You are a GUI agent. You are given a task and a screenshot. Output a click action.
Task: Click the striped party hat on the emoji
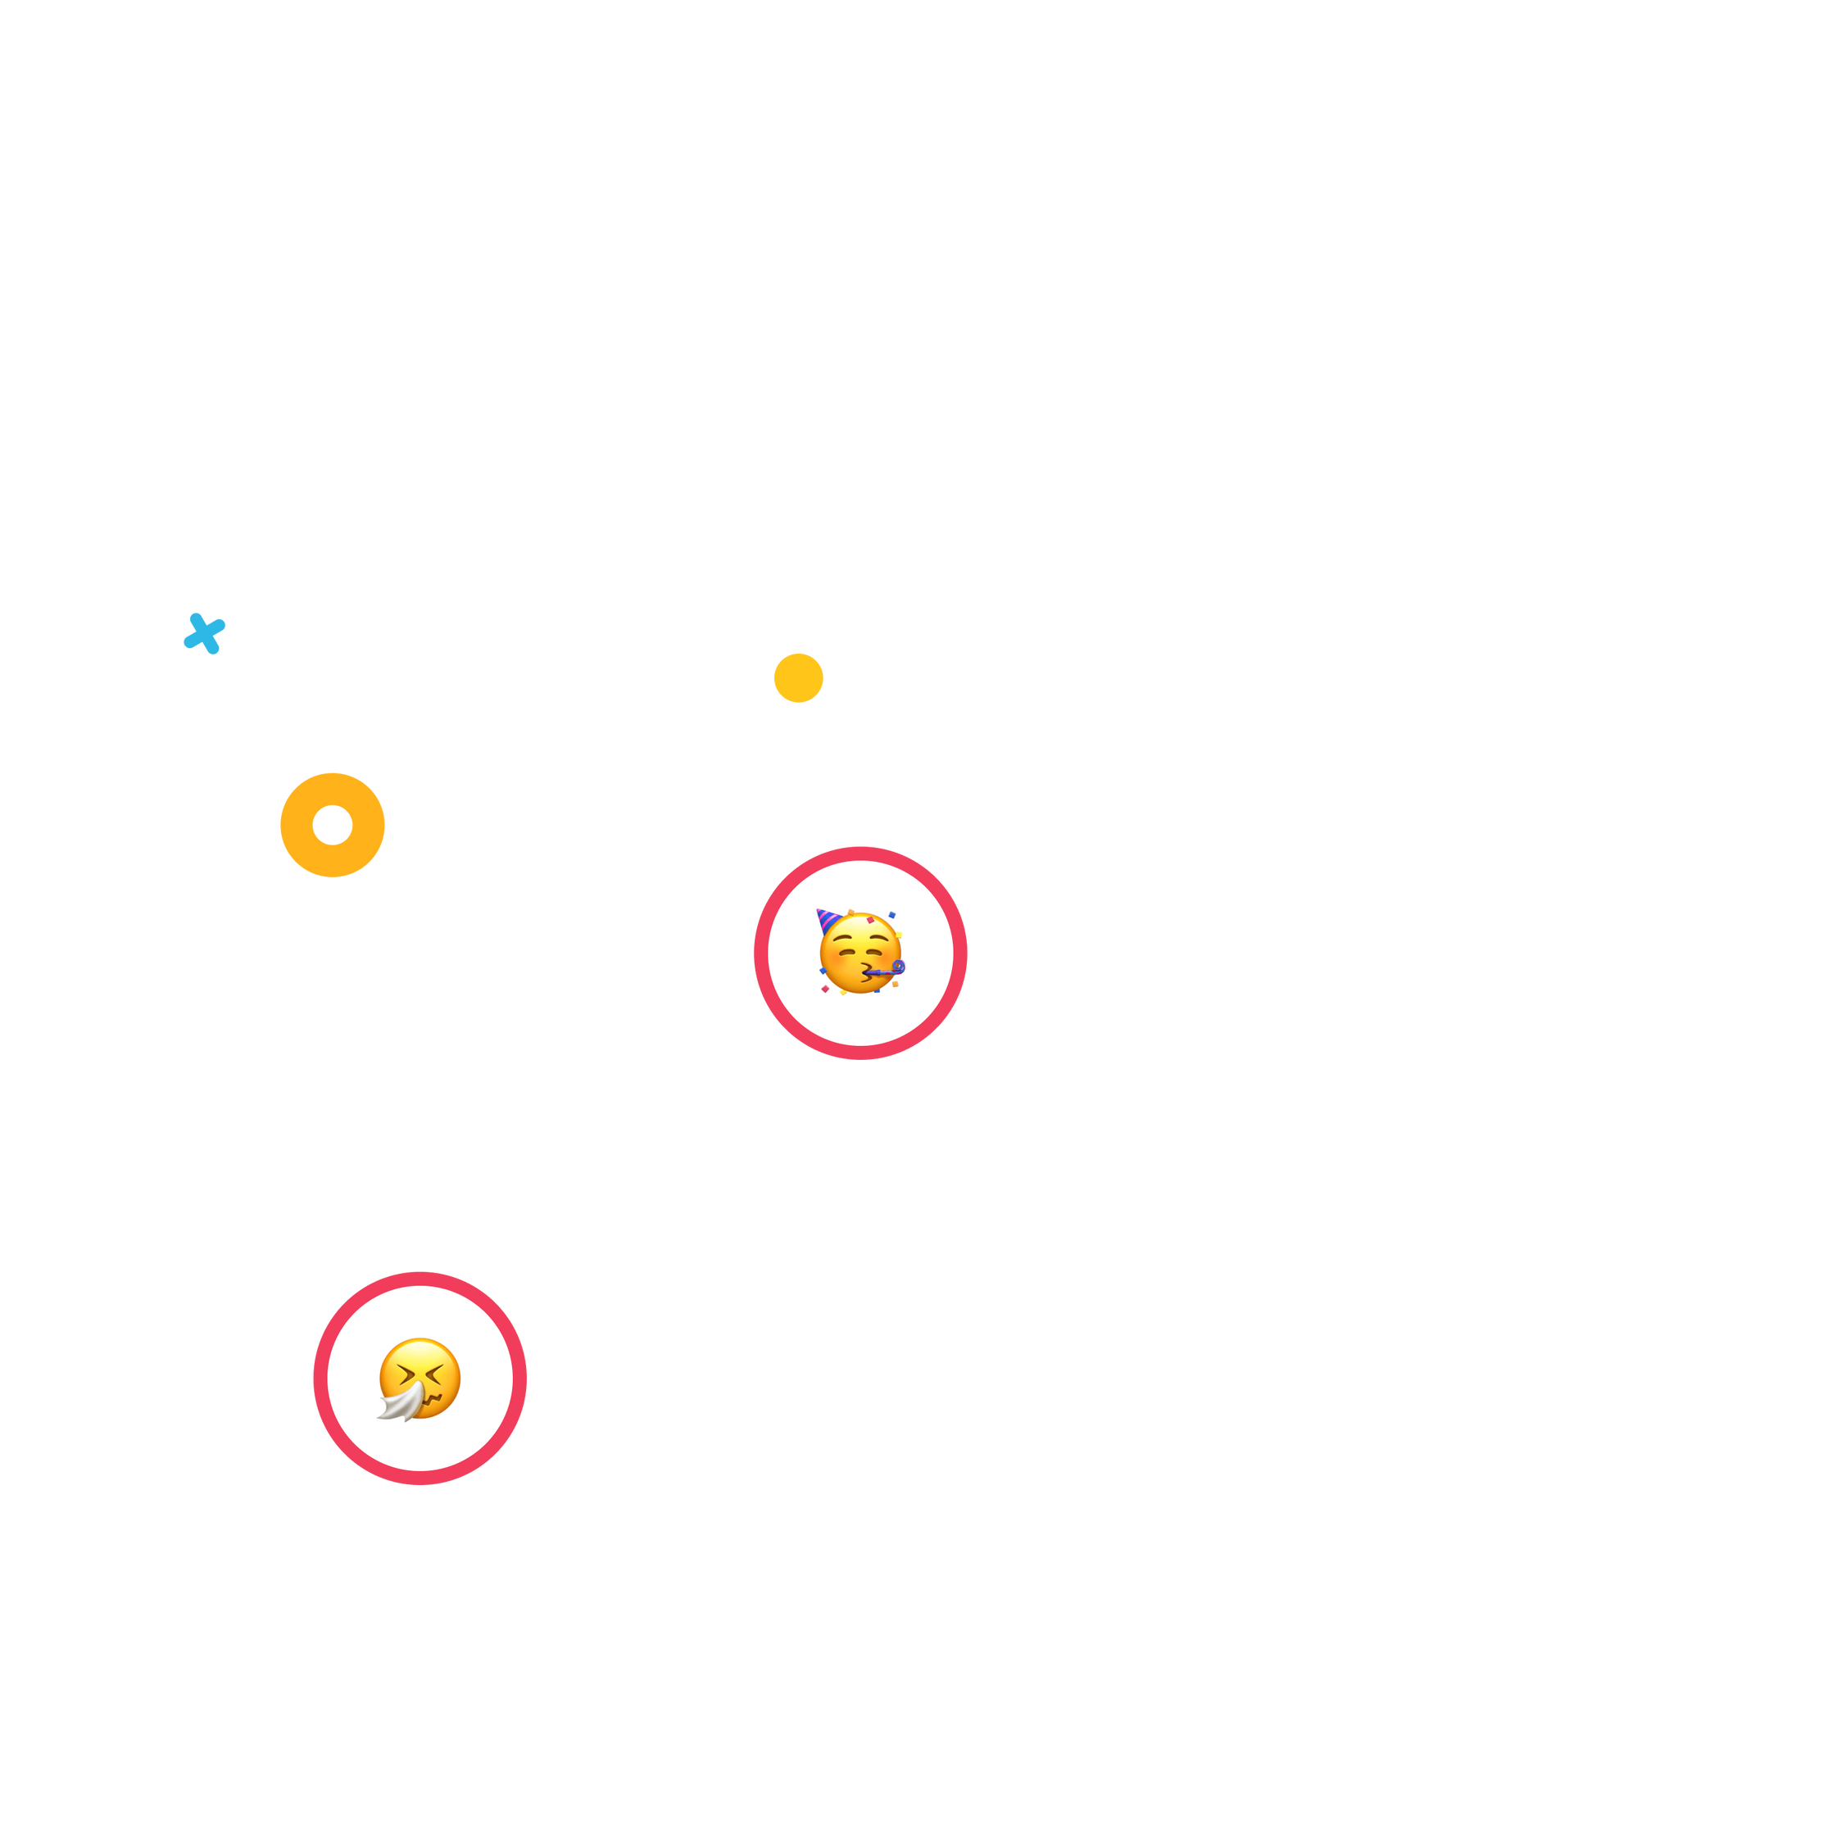pos(828,922)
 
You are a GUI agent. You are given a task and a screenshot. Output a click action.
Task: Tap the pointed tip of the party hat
pos(819,912)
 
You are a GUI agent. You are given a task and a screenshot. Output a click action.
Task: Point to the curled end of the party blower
pos(898,967)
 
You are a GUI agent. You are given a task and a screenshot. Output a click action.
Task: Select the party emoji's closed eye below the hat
pos(844,955)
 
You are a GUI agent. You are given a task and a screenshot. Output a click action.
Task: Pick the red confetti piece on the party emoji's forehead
pos(870,921)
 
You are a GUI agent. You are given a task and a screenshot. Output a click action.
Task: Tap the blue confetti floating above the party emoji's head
pos(891,915)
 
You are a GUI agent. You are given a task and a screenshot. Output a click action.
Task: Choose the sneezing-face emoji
pos(420,1379)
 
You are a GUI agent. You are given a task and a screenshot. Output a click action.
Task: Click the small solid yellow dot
pos(797,677)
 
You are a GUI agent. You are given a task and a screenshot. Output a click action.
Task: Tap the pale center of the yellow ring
pos(333,825)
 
